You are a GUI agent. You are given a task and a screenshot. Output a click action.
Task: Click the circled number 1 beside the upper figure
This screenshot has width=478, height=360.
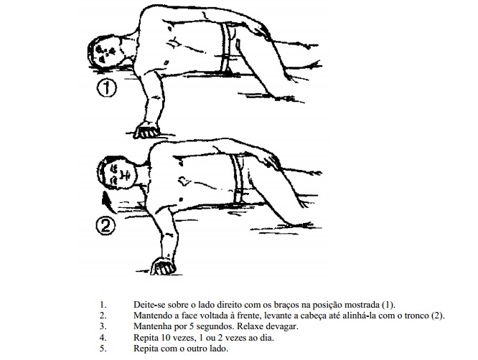(107, 88)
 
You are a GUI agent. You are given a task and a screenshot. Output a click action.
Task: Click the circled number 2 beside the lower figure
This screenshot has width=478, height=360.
(106, 226)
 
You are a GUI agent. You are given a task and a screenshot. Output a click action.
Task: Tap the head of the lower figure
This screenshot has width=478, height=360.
(117, 172)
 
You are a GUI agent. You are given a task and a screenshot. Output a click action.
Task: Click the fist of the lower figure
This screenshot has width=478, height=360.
(164, 266)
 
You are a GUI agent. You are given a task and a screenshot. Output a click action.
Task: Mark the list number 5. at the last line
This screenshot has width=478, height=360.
(103, 349)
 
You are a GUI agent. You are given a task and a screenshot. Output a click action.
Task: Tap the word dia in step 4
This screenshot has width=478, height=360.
(268, 338)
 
